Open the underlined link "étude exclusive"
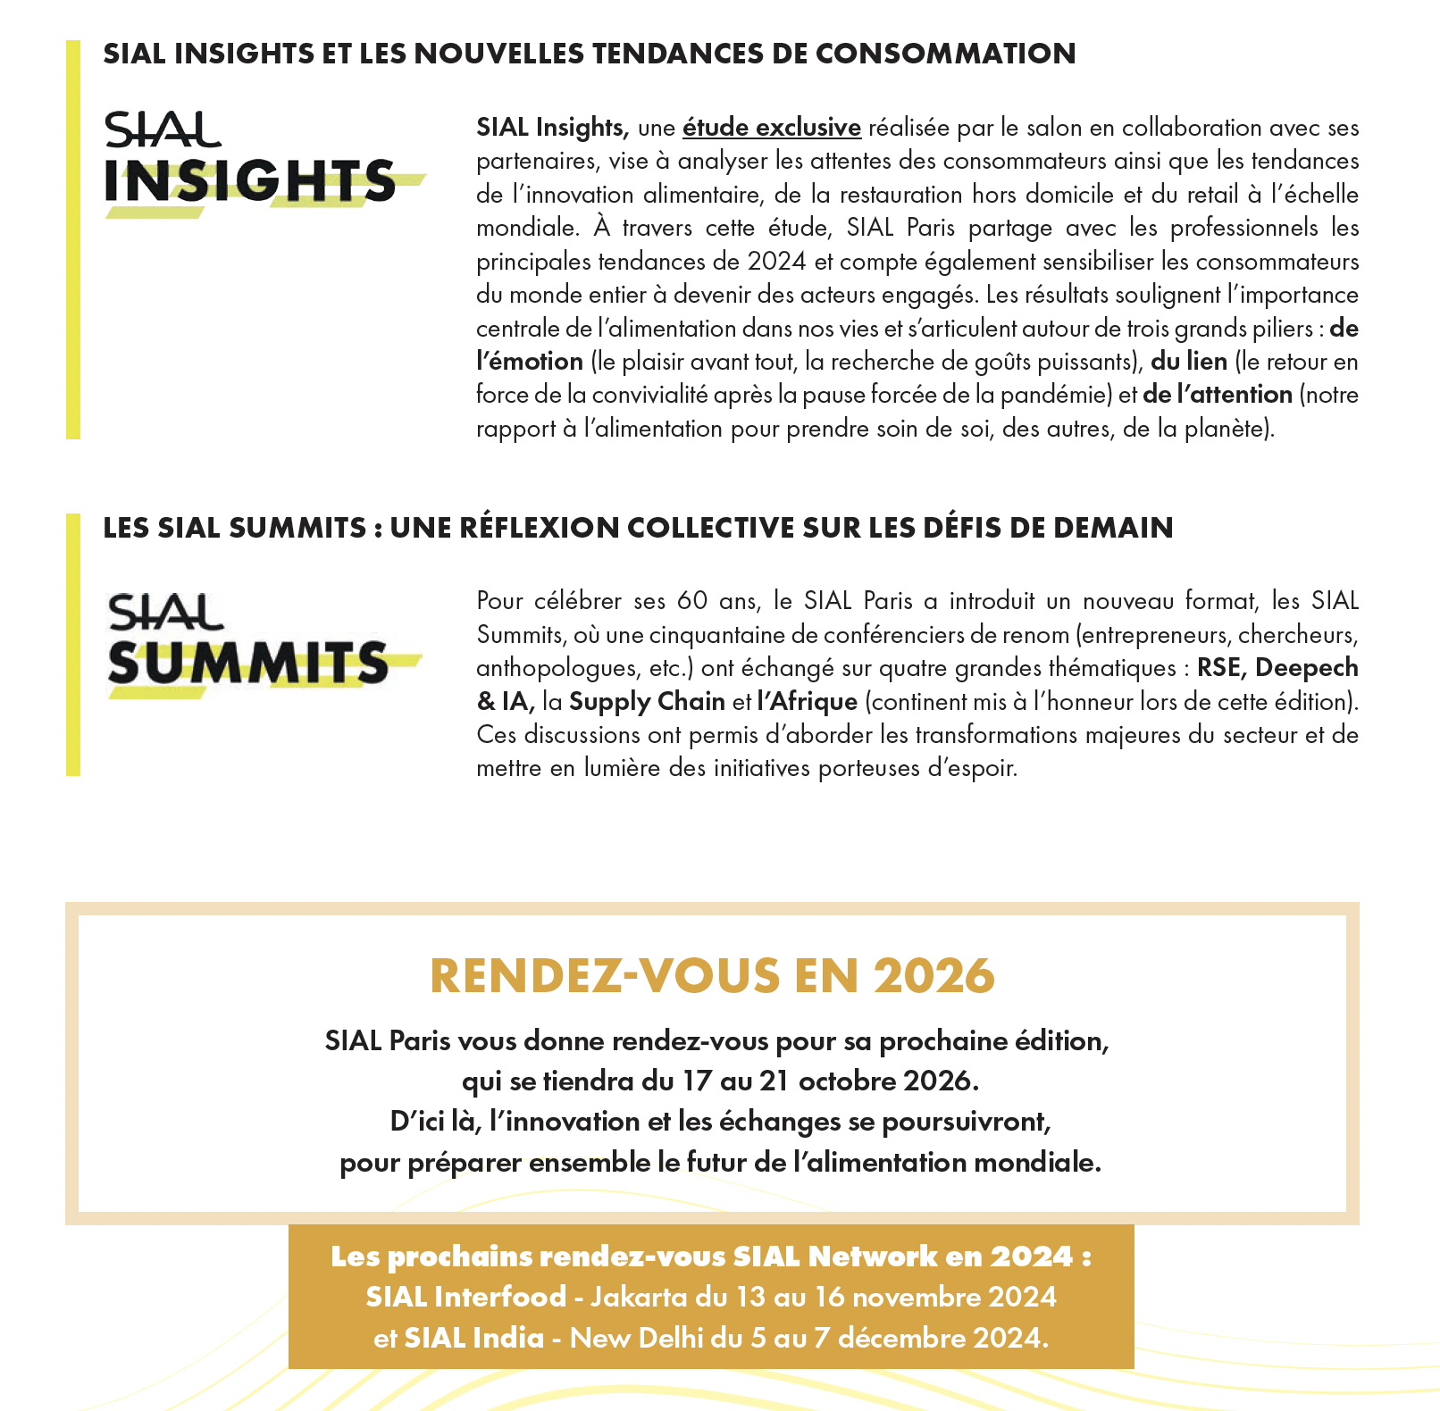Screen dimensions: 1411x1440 pos(771,128)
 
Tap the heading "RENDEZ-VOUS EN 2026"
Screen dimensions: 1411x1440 pos(712,975)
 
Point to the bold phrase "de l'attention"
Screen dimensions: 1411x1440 pos(1217,395)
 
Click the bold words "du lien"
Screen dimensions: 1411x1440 pos(1188,362)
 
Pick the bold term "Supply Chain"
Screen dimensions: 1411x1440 pos(647,702)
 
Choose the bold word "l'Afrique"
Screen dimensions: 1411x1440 pos(807,702)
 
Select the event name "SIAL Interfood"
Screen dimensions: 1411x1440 pos(465,1297)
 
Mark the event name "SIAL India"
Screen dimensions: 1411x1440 pos(473,1338)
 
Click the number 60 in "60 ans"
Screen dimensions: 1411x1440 pos(691,601)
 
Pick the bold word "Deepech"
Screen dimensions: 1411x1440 pos(1307,668)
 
